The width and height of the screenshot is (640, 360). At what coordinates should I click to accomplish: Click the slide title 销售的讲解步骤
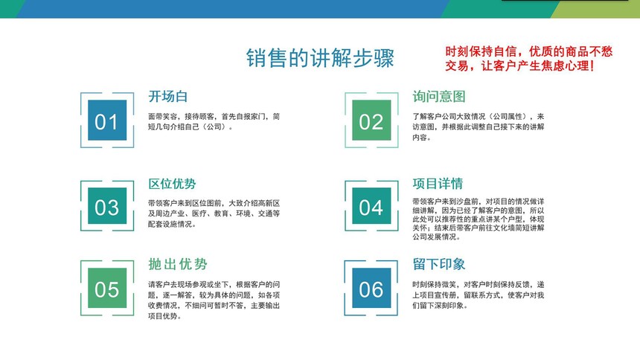click(x=320, y=57)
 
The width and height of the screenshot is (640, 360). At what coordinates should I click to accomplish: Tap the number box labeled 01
click(x=107, y=120)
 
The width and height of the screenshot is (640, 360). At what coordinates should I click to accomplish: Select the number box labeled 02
click(x=371, y=120)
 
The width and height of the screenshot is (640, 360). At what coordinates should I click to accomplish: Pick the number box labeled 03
click(x=107, y=206)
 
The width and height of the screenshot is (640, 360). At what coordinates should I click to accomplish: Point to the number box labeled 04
click(x=371, y=206)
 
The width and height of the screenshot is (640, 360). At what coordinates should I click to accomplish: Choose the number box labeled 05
click(x=107, y=288)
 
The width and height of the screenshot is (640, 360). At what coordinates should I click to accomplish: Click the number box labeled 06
click(x=371, y=288)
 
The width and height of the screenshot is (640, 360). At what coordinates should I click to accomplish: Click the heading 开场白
click(x=167, y=97)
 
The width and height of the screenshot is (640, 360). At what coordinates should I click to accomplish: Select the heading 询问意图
click(x=439, y=97)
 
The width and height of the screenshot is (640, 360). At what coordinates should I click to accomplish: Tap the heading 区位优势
click(x=172, y=184)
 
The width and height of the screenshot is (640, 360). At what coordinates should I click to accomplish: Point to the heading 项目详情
click(x=438, y=184)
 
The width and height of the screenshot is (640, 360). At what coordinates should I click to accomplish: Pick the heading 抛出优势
click(x=178, y=264)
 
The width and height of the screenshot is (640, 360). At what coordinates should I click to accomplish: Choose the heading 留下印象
click(x=439, y=264)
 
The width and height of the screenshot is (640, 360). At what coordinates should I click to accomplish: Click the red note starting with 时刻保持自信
click(x=528, y=58)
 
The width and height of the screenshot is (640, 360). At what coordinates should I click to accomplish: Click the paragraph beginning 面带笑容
click(x=214, y=122)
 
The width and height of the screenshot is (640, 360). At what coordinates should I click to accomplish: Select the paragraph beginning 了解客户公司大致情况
click(x=478, y=127)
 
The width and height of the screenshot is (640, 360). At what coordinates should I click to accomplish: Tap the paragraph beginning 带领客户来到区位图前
click(x=214, y=213)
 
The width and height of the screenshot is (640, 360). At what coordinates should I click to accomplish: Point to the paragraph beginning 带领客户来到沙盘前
click(x=478, y=219)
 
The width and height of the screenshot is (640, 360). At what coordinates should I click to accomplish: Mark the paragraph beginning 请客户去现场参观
click(x=214, y=300)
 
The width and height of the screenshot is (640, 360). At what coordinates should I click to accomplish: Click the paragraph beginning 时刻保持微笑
click(x=478, y=295)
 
